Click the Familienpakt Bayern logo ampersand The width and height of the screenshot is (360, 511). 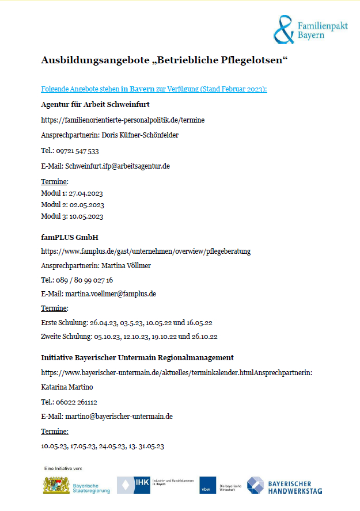click(283, 29)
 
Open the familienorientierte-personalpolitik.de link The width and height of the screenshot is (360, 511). click(123, 120)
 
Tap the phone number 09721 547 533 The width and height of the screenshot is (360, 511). click(78, 151)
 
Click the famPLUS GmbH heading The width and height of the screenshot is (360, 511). click(66, 237)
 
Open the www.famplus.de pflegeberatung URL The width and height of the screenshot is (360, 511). click(146, 251)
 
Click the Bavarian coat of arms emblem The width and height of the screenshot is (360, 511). click(56, 485)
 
